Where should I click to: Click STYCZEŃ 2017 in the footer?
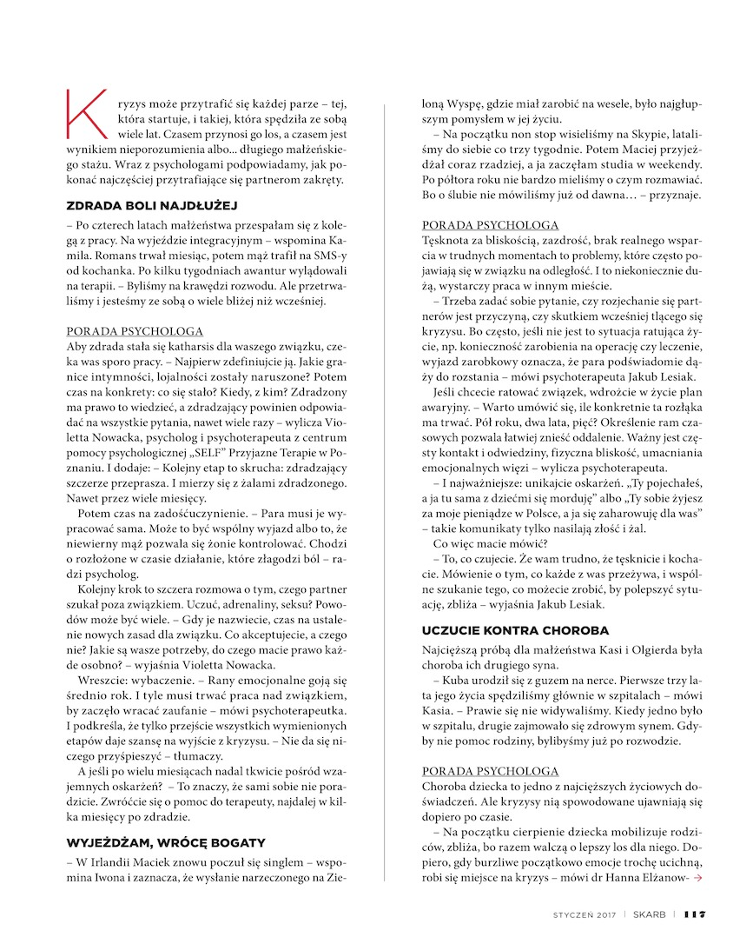585,914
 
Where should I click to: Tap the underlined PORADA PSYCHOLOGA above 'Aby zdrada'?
135,331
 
